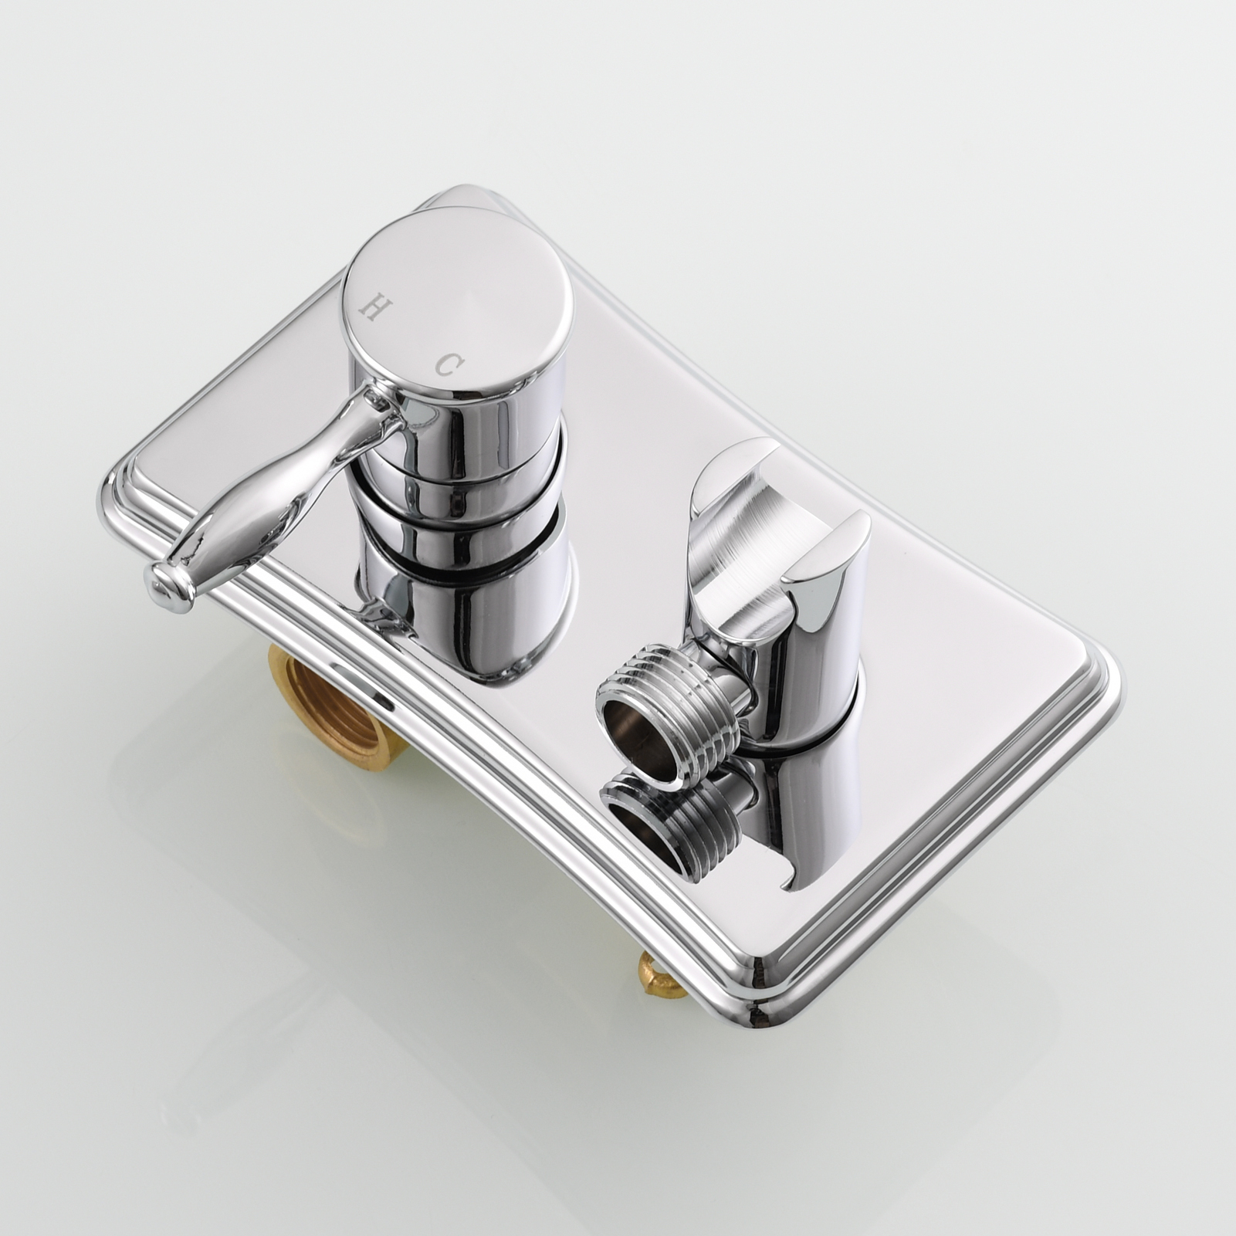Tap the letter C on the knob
click(447, 364)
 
